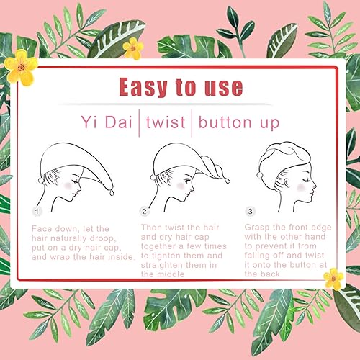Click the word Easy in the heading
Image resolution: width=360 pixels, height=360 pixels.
point(143,86)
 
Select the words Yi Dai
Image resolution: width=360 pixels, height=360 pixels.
point(107,122)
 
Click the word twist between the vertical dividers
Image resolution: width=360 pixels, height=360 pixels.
point(166,122)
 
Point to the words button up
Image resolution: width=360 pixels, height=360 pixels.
point(239,123)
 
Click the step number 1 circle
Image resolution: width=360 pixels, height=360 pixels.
point(37,212)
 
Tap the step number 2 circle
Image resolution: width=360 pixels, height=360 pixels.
point(144,212)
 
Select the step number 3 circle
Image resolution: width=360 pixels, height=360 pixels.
point(250,212)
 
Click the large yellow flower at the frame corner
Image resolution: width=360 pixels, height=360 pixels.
point(21,68)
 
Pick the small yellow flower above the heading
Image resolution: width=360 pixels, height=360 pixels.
point(133,49)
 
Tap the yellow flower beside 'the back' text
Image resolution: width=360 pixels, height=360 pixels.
point(333,279)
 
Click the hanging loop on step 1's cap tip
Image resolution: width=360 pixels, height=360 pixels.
point(112,192)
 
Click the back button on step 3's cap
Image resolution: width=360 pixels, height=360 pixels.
point(259,175)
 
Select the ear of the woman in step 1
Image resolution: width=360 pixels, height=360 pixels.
point(57,179)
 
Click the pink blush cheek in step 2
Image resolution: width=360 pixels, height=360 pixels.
point(181,186)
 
